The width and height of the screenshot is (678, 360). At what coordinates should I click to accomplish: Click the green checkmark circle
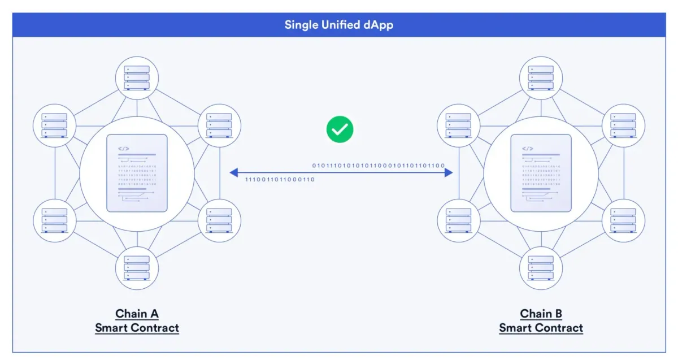click(x=340, y=129)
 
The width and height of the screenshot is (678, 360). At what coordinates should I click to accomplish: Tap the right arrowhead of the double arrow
click(x=449, y=172)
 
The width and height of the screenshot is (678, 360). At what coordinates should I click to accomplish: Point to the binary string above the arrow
click(x=379, y=166)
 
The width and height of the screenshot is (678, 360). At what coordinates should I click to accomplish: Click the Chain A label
click(x=137, y=314)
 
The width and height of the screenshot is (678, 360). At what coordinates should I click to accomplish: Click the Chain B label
click(x=541, y=314)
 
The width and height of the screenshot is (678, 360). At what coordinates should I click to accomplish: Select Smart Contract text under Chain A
click(x=137, y=328)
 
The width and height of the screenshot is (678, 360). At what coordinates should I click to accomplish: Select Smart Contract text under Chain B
click(x=541, y=328)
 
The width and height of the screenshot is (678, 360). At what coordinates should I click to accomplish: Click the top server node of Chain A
click(x=137, y=77)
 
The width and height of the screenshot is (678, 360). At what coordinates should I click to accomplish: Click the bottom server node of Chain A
click(x=137, y=268)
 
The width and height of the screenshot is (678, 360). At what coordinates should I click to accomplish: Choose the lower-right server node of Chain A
click(x=219, y=220)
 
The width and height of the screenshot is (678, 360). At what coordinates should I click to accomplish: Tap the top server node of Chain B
click(x=541, y=77)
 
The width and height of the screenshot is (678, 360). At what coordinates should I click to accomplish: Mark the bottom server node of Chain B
click(x=541, y=268)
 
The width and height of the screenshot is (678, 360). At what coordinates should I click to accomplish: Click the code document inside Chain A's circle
click(x=137, y=173)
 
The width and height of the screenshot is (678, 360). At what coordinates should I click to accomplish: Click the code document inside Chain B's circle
click(x=541, y=173)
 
